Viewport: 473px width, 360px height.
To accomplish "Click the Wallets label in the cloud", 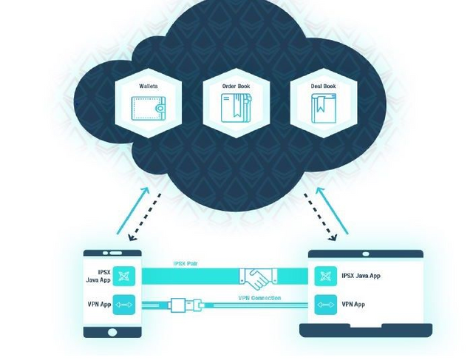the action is [x=148, y=86].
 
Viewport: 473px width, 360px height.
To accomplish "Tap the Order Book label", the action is [x=236, y=86].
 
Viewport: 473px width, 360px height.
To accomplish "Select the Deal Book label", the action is [x=324, y=86].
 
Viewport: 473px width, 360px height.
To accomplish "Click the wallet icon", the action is [x=149, y=109].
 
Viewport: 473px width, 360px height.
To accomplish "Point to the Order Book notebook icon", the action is [x=236, y=108].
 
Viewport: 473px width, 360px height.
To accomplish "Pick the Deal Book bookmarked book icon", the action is [x=324, y=109].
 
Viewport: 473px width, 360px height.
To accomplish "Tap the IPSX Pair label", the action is [x=186, y=264].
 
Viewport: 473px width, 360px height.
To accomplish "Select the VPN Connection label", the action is [x=259, y=298].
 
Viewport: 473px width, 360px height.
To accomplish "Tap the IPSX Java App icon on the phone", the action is [x=124, y=276].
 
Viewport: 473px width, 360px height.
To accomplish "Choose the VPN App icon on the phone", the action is [x=124, y=305].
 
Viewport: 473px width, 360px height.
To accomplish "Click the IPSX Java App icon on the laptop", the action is [x=326, y=276].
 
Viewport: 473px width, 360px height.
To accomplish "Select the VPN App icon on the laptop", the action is [x=326, y=305].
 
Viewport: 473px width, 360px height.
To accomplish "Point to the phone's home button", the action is [x=112, y=332].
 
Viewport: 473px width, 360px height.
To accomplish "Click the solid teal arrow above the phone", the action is [x=133, y=211].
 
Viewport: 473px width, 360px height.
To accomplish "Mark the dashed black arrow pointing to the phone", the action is [x=145, y=217].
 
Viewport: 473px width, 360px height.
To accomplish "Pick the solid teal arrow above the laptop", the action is [x=332, y=211].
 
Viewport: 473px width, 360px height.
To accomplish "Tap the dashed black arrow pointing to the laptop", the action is [x=320, y=217].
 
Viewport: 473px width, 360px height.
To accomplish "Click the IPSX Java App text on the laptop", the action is [x=361, y=276].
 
